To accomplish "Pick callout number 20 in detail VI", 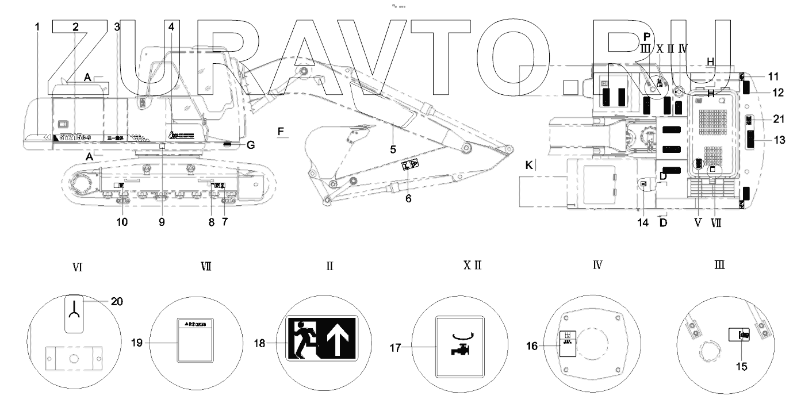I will (x=117, y=301).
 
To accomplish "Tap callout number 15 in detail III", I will (x=742, y=366).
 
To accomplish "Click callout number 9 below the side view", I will (x=162, y=221).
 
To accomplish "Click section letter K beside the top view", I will (x=530, y=166).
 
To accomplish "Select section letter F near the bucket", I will (x=281, y=132).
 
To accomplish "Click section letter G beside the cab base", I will (x=250, y=145).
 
